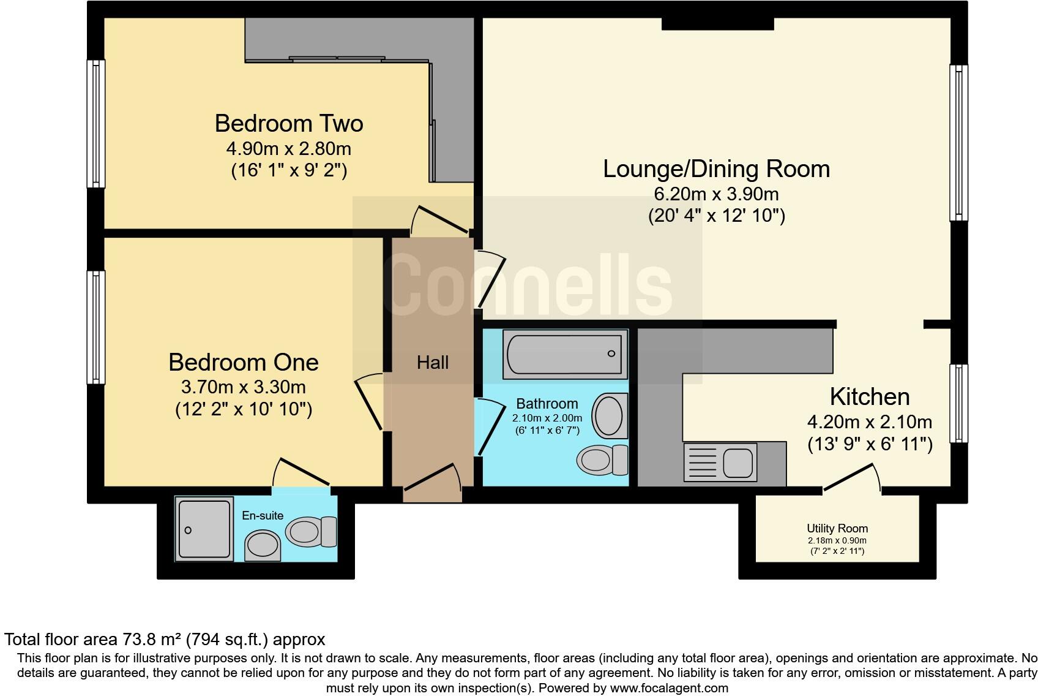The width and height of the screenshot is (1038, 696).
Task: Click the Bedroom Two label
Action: [x=289, y=124]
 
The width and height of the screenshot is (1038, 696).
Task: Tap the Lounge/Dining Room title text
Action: [x=716, y=169]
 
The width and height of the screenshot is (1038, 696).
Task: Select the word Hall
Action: [x=433, y=363]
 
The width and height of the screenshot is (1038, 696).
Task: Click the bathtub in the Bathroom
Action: [x=565, y=354]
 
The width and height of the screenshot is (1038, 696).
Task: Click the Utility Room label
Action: [x=837, y=528]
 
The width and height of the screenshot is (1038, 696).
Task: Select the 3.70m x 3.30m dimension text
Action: [x=244, y=387]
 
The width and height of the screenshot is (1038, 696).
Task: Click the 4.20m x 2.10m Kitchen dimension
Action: [x=869, y=422]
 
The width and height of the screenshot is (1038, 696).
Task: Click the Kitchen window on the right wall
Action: [x=959, y=403]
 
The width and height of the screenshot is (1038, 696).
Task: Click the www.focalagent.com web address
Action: [x=669, y=688]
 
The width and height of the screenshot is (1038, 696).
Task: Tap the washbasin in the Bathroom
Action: [x=610, y=415]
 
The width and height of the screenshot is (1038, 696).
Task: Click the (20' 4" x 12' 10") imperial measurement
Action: [x=716, y=216]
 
